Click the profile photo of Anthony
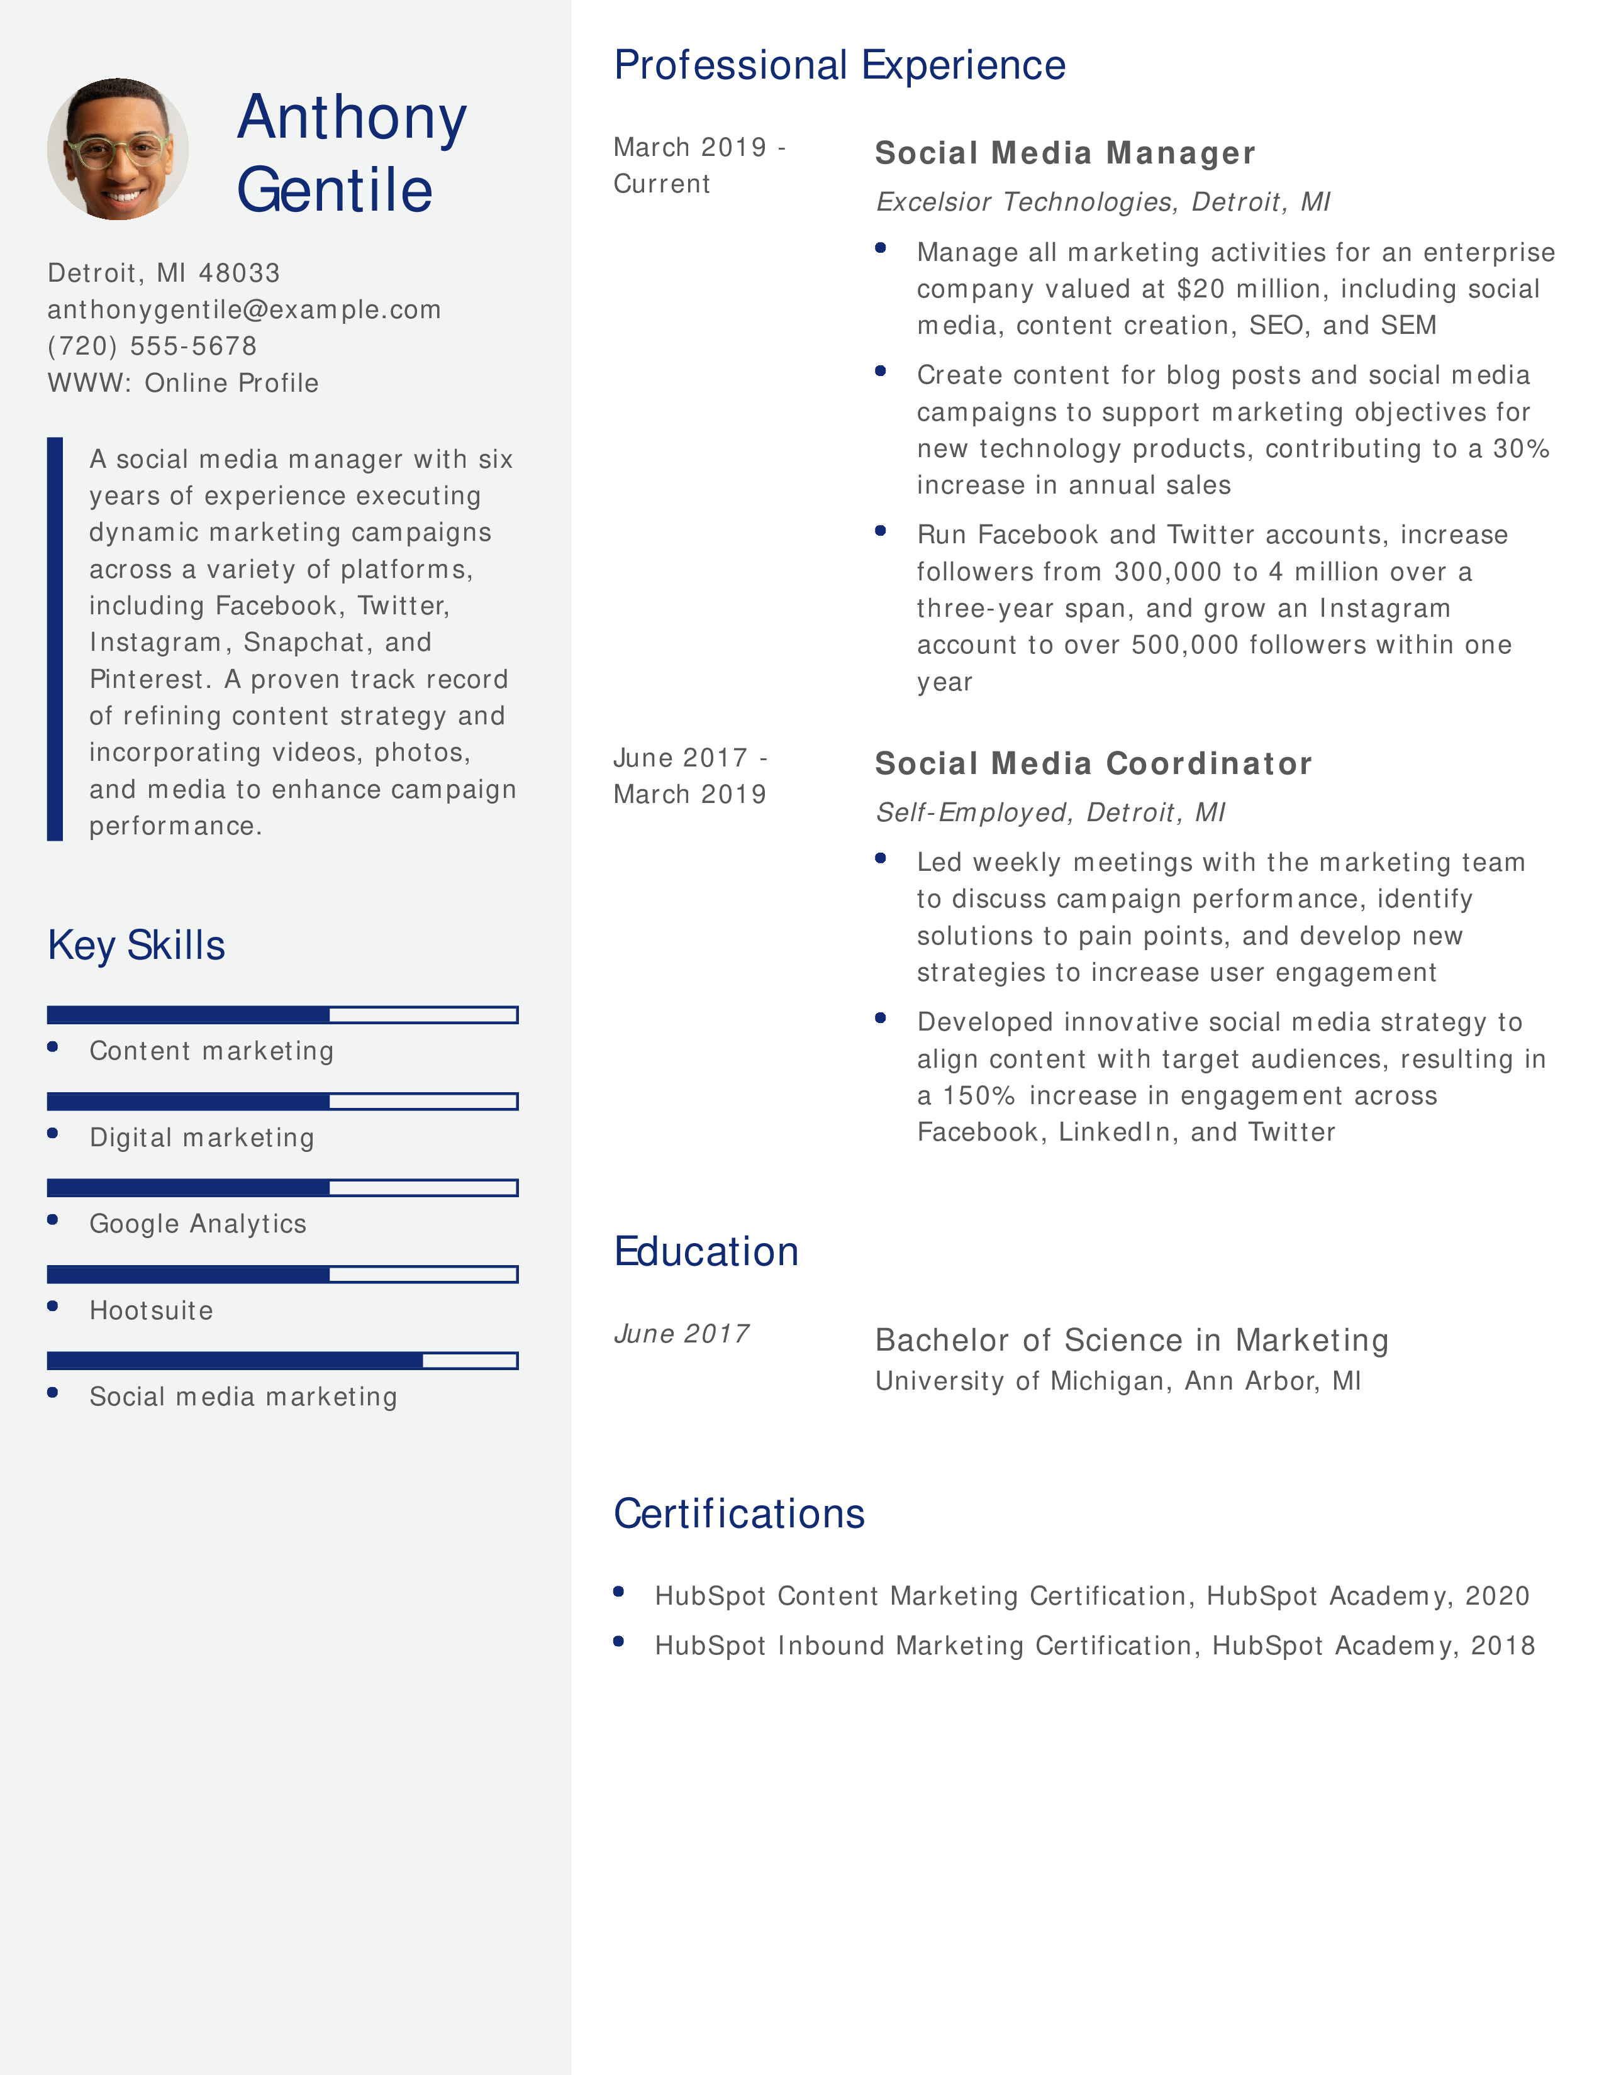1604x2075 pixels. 118,149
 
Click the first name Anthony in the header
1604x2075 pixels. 352,118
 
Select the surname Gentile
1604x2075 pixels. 335,190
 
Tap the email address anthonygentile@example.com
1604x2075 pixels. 244,310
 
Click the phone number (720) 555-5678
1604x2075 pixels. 152,346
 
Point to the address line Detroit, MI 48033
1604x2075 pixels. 164,274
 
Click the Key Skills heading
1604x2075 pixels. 136,945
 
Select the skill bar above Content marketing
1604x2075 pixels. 282,1015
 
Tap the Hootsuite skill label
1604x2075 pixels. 151,1310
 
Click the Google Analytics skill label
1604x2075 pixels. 198,1224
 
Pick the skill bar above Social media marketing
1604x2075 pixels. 282,1361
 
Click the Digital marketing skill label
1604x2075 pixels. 201,1137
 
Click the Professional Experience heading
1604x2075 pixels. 839,65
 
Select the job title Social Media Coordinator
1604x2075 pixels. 1093,768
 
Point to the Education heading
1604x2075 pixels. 706,1253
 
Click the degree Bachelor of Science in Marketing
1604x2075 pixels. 1131,1341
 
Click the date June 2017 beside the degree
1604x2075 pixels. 681,1334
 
